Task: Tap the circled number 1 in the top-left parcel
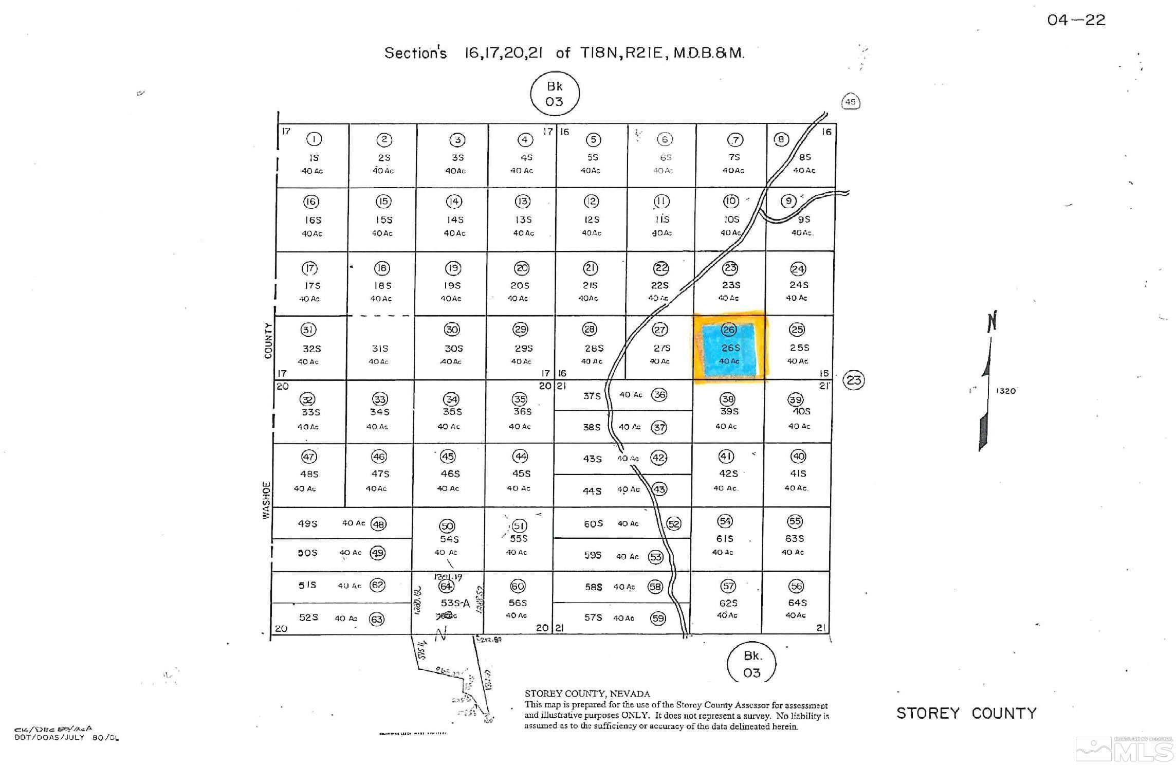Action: click(x=314, y=139)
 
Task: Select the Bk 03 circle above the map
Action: click(x=555, y=94)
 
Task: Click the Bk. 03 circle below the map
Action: click(x=751, y=664)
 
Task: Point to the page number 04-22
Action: click(x=1076, y=20)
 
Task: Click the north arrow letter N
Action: click(x=992, y=321)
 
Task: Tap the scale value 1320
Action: click(x=1005, y=391)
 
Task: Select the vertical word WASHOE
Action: click(x=266, y=500)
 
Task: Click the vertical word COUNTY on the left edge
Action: click(x=268, y=340)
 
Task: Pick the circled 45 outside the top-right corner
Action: click(x=851, y=102)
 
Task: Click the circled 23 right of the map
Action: click(x=854, y=380)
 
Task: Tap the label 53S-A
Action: click(x=455, y=603)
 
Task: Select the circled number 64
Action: click(x=446, y=586)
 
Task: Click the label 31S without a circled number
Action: click(x=380, y=349)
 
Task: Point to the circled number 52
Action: click(x=673, y=524)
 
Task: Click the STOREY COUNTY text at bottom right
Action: click(x=966, y=713)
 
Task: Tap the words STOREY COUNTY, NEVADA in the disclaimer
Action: click(x=587, y=694)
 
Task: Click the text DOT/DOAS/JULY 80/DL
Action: click(x=66, y=738)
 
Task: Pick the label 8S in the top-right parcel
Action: click(x=805, y=157)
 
